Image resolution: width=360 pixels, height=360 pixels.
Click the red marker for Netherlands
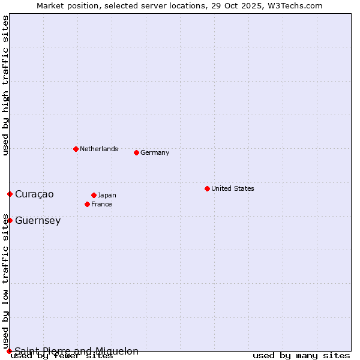click(76, 149)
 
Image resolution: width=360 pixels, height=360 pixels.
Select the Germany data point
click(136, 152)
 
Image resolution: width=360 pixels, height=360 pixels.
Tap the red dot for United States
click(207, 188)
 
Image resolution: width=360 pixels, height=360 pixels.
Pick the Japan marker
click(94, 195)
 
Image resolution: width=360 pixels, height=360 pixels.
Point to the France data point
click(87, 204)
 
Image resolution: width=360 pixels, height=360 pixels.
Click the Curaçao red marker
click(10, 194)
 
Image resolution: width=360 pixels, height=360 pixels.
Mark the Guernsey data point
click(10, 220)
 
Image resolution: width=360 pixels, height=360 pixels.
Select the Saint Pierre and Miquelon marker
click(9, 351)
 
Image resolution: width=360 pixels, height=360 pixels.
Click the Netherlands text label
click(99, 149)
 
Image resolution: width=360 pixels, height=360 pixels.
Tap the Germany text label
click(155, 152)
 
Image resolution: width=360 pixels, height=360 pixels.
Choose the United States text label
click(233, 188)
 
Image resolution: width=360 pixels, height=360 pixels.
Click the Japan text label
click(107, 195)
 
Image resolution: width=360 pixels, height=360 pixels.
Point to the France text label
click(101, 204)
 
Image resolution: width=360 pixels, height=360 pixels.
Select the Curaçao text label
click(34, 194)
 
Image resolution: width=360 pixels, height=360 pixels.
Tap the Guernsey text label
click(38, 220)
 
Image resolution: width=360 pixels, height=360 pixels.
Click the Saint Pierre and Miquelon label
click(77, 351)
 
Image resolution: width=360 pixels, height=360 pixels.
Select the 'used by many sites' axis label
click(301, 356)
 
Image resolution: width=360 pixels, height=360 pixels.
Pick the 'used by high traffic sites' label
click(5, 85)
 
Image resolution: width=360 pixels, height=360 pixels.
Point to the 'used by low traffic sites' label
click(5, 281)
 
